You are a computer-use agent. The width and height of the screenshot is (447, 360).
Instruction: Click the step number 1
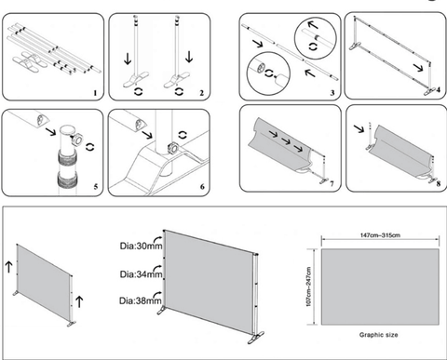tap(95, 93)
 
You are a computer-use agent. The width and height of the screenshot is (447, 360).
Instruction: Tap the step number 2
tap(202, 93)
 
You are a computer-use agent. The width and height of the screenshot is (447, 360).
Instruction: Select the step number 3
tap(332, 93)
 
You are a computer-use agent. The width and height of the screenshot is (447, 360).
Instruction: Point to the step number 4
tap(438, 90)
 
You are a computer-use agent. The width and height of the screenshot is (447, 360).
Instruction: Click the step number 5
tap(95, 186)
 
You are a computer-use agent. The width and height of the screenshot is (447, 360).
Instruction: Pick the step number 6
tap(202, 186)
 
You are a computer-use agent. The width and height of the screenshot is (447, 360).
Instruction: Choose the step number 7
tap(332, 184)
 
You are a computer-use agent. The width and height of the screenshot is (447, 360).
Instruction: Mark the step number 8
tap(438, 184)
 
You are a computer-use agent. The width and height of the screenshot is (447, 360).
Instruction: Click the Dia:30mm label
tap(141, 246)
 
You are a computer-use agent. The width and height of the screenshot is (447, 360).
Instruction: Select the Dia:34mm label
tap(141, 274)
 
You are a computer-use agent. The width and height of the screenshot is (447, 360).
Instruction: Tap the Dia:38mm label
tap(141, 300)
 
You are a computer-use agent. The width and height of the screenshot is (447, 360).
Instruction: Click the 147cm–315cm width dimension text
tap(380, 235)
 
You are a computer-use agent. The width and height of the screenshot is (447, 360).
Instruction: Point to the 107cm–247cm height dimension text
tap(308, 287)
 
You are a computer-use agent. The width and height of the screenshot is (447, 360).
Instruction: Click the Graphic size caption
tap(378, 335)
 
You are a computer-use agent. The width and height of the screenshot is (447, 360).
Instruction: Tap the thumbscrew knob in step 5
tap(76, 139)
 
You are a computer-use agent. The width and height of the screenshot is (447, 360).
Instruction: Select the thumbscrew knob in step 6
tap(171, 148)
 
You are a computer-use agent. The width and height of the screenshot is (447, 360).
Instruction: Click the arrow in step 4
tap(419, 67)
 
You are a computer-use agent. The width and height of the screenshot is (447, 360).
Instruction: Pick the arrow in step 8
tap(359, 128)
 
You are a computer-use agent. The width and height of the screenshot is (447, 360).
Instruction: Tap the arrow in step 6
tap(147, 134)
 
